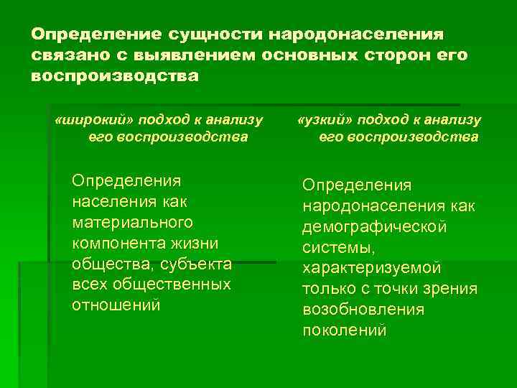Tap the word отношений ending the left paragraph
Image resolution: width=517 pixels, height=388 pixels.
[116, 305]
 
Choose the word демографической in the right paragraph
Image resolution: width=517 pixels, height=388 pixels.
[374, 227]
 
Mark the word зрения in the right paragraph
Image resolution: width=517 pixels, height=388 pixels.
[453, 289]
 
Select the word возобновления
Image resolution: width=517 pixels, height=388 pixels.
[363, 310]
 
